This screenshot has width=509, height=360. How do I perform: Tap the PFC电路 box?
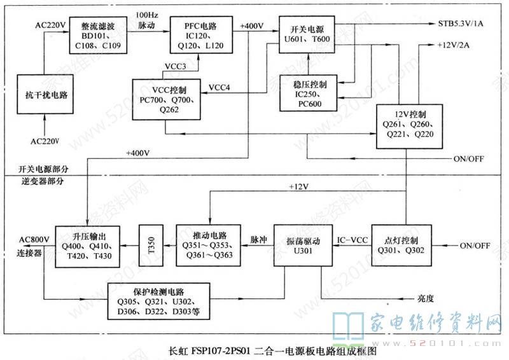pos(197,36)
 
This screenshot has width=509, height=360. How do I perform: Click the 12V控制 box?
pos(405,125)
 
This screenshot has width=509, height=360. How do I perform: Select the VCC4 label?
pos(220,87)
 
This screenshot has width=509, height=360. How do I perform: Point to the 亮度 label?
pos(426,299)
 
